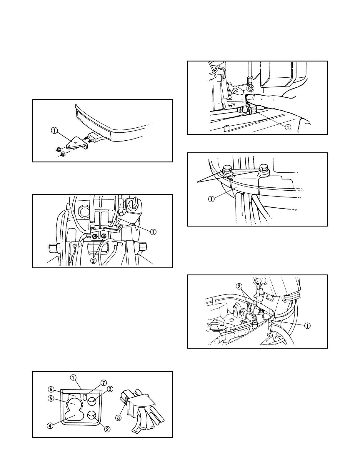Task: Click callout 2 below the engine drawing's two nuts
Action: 94,260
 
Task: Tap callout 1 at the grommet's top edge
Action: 73,377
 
